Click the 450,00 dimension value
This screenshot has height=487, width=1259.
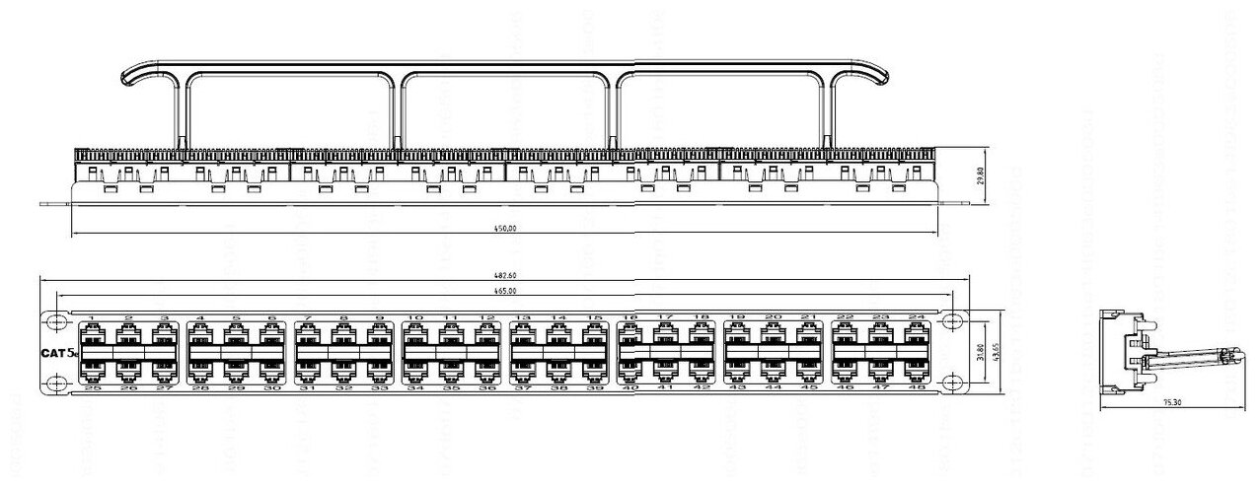pyautogui.click(x=504, y=229)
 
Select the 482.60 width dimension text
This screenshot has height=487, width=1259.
pyautogui.click(x=503, y=277)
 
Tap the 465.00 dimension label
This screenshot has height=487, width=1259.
pyautogui.click(x=503, y=292)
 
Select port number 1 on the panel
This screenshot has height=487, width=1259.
pyautogui.click(x=92, y=317)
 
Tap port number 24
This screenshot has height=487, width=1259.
pyautogui.click(x=917, y=317)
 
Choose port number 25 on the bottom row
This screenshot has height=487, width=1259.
pyautogui.click(x=92, y=388)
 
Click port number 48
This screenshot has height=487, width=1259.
pyautogui.click(x=917, y=388)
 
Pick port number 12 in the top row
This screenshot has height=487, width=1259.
pyautogui.click(x=485, y=317)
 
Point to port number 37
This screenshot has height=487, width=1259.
pyautogui.click(x=522, y=388)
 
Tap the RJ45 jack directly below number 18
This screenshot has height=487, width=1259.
pyautogui.click(x=702, y=335)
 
